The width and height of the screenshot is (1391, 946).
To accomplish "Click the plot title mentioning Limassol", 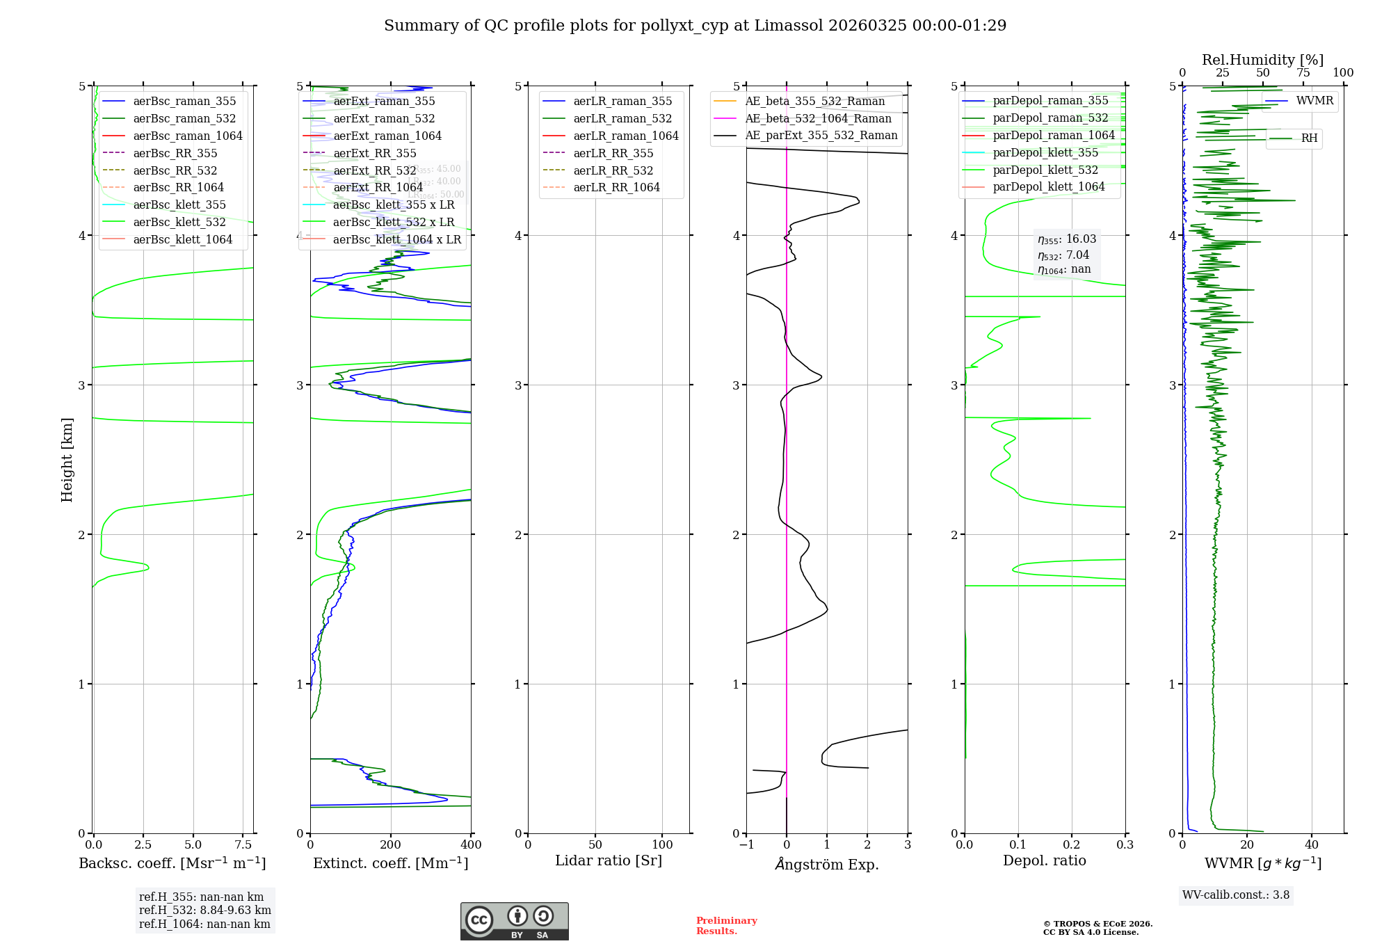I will tap(695, 26).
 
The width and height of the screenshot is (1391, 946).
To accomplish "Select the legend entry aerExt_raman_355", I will tap(384, 102).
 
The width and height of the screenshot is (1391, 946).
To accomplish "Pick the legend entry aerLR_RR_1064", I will tap(616, 188).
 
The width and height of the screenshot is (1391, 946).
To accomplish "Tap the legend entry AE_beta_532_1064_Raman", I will tap(818, 119).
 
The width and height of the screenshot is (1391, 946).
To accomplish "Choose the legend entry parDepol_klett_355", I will tap(1045, 153).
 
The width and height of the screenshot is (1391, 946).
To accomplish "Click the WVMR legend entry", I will tap(1314, 102).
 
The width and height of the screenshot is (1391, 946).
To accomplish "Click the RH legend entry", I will tap(1309, 138).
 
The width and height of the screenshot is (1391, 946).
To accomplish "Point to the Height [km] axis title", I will tap(67, 459).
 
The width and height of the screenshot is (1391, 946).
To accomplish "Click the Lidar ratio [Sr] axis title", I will tap(609, 861).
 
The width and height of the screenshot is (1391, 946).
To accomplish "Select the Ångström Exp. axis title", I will tap(827, 865).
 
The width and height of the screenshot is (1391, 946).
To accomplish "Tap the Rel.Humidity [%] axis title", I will tap(1262, 61).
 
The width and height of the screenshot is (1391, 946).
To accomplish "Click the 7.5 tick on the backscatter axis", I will tap(243, 845).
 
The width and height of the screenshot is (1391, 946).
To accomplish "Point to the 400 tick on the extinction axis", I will tap(471, 845).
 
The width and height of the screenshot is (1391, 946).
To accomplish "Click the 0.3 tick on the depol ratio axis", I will tap(1125, 845).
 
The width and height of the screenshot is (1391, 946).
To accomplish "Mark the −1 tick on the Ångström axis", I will tap(746, 845).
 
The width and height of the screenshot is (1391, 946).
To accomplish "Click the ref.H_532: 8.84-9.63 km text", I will tap(204, 911).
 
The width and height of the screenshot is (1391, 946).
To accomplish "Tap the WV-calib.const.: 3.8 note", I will tap(1236, 895).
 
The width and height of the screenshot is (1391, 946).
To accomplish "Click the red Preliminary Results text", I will tap(726, 926).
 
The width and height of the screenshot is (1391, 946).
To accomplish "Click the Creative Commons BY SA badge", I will tap(514, 922).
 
